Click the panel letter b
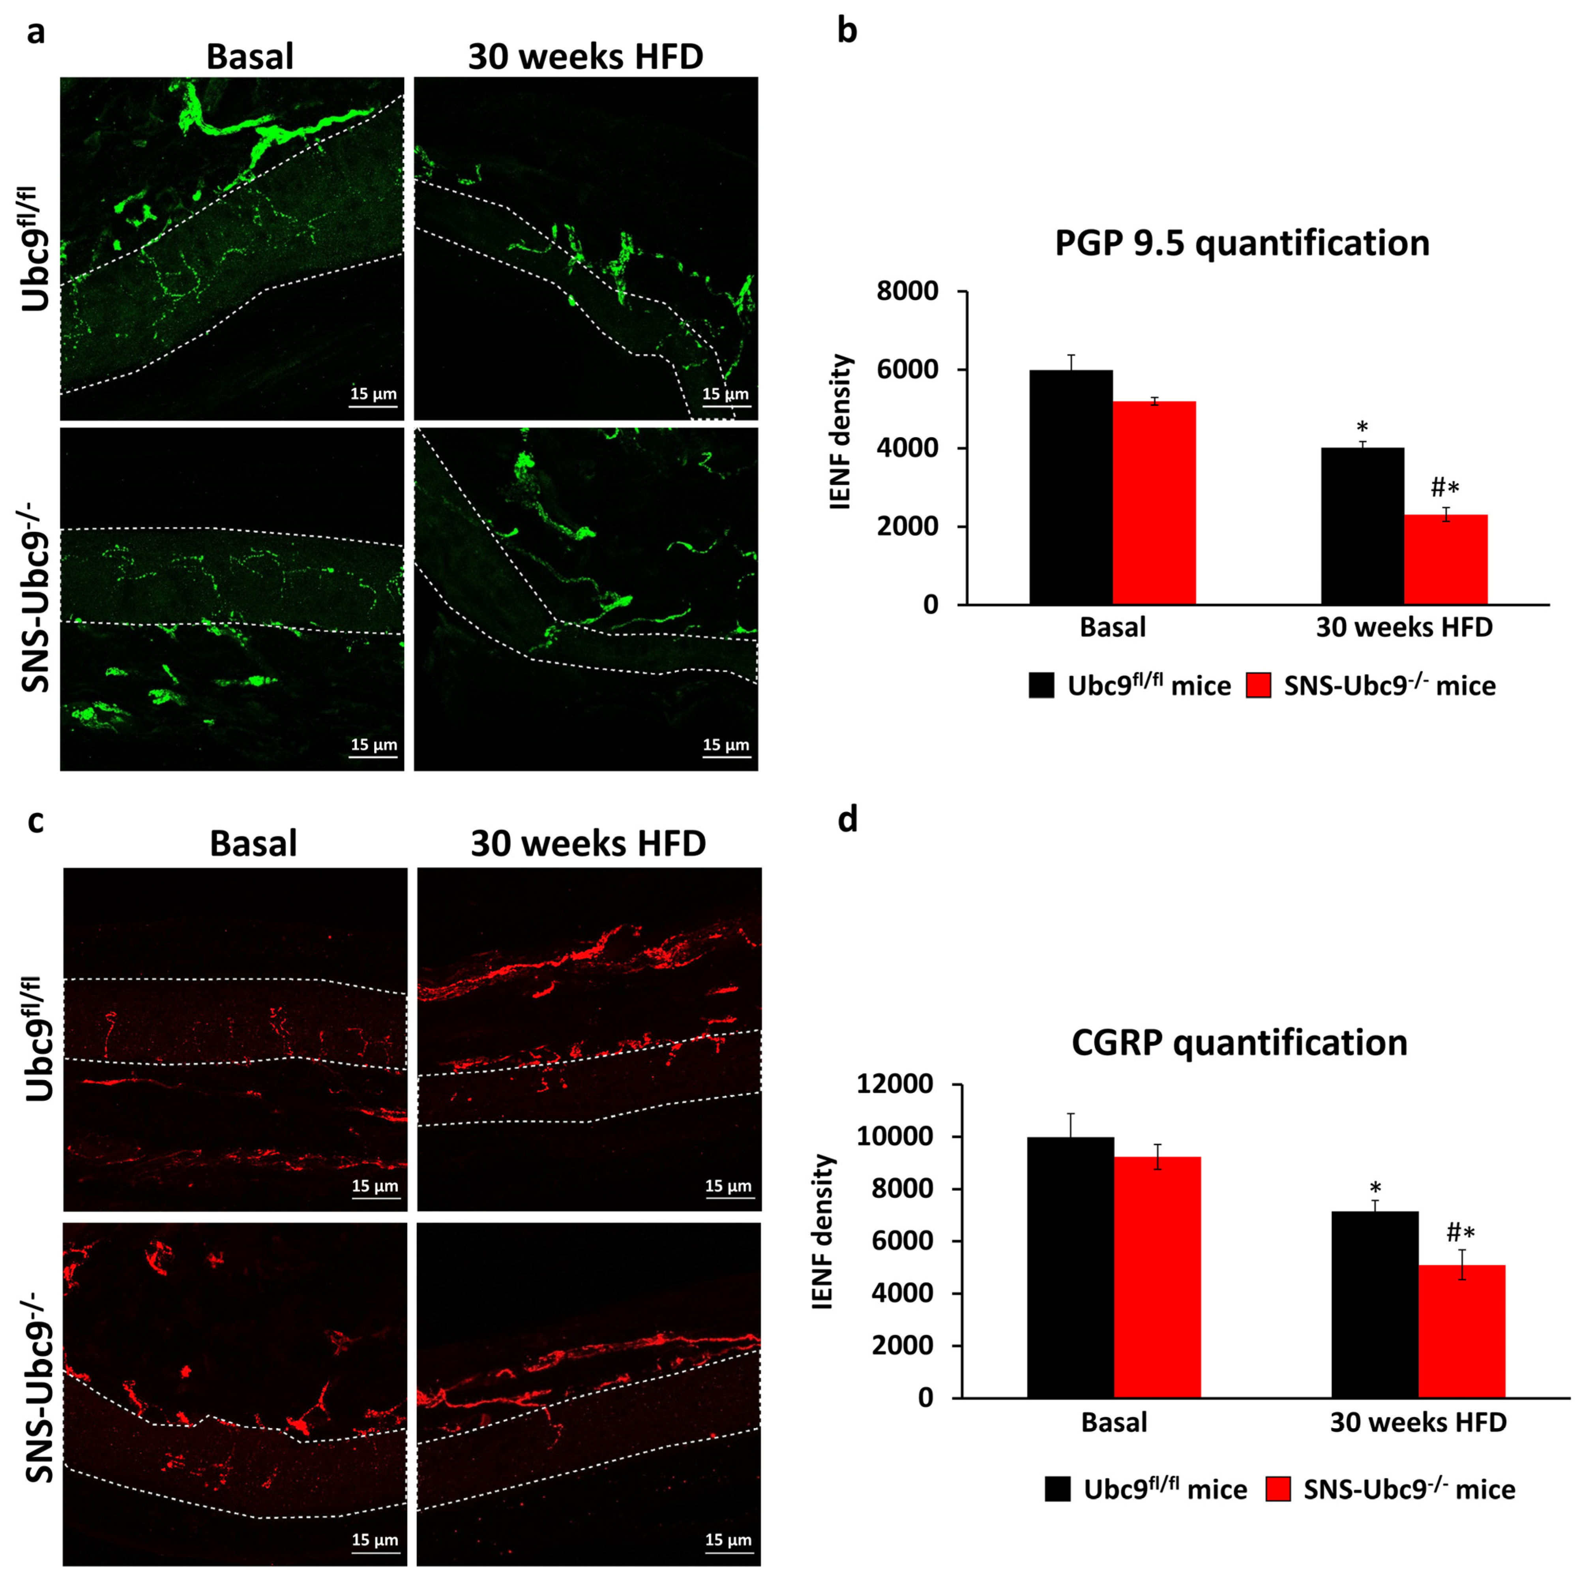[847, 31]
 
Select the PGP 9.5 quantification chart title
[1242, 244]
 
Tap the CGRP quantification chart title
[1239, 1042]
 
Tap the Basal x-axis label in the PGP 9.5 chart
[1112, 628]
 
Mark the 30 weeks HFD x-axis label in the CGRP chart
[1418, 1422]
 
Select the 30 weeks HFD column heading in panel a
[585, 56]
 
